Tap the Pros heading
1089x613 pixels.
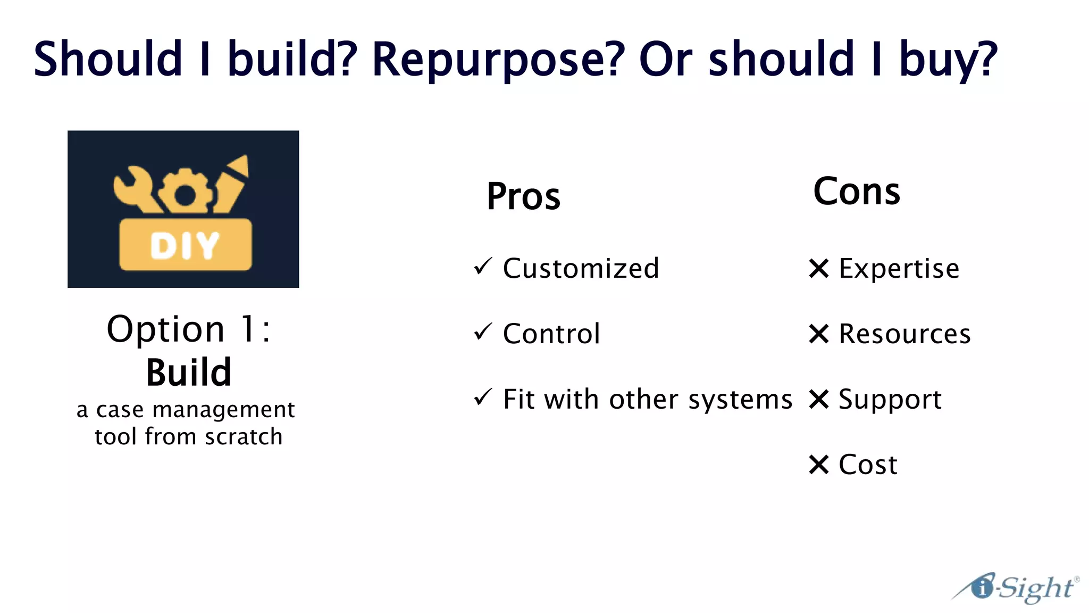pyautogui.click(x=523, y=197)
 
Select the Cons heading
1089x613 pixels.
pyautogui.click(x=857, y=192)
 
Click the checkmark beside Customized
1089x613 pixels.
pyautogui.click(x=483, y=267)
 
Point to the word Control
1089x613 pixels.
pyautogui.click(x=551, y=334)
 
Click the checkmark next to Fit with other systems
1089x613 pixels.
pyautogui.click(x=483, y=397)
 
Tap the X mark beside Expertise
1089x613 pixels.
pyautogui.click(x=819, y=268)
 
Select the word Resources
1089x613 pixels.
pyautogui.click(x=904, y=334)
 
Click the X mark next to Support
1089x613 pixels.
pyautogui.click(x=819, y=399)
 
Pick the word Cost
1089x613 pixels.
pyautogui.click(x=868, y=465)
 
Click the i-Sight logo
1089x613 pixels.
pyautogui.click(x=1016, y=589)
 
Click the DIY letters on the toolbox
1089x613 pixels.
pyautogui.click(x=185, y=246)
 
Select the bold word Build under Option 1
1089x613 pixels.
pyautogui.click(x=189, y=372)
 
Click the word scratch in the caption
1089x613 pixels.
pyautogui.click(x=244, y=437)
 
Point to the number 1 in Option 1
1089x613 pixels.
pyautogui.click(x=248, y=329)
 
